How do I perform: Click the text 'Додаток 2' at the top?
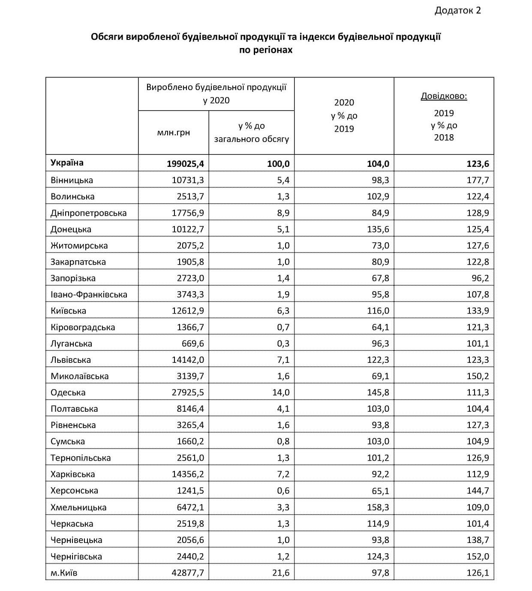[457, 10]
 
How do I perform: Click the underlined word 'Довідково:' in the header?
[444, 96]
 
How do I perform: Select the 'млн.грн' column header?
[173, 133]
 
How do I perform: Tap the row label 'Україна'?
[67, 163]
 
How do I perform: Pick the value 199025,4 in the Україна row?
[185, 164]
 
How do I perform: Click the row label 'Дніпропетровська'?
[88, 213]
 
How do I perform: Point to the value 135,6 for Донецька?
[378, 229]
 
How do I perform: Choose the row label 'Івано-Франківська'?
[89, 295]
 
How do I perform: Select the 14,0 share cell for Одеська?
[283, 392]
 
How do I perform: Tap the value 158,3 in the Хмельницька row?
[378, 507]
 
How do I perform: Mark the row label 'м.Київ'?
[64, 573]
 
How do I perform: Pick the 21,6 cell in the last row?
[283, 573]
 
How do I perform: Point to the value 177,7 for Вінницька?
[478, 180]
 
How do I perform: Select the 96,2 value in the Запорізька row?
[480, 278]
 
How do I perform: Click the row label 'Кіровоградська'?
[83, 327]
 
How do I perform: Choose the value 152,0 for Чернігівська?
[478, 557]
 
